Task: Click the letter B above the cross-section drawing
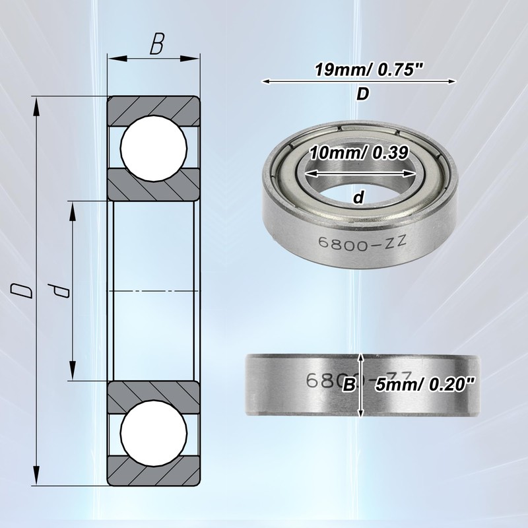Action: pyautogui.click(x=157, y=44)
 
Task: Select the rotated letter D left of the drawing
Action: pyautogui.click(x=22, y=291)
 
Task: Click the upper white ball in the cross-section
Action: pyautogui.click(x=154, y=148)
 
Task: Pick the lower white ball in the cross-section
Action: pyautogui.click(x=154, y=433)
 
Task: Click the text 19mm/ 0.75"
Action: pyautogui.click(x=368, y=71)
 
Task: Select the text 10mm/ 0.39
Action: pyautogui.click(x=359, y=153)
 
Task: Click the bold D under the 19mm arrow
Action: pyautogui.click(x=363, y=94)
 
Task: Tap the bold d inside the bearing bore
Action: pyautogui.click(x=359, y=197)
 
